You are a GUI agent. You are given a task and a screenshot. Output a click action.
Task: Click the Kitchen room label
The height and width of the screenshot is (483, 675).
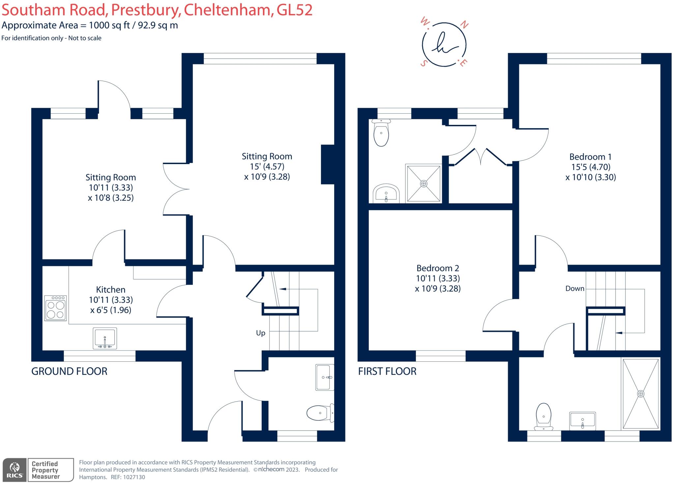coord(111,290)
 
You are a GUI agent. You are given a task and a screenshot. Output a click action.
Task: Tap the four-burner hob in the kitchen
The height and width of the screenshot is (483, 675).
coord(56,308)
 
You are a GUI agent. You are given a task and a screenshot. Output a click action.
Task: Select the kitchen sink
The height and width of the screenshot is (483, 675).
coord(105,338)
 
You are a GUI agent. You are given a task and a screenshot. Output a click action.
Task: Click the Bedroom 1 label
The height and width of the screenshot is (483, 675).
coord(590,157)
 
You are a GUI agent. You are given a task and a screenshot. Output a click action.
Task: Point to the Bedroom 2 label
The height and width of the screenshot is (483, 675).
coord(438,268)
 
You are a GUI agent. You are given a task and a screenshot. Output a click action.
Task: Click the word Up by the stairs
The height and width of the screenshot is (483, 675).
coord(261,333)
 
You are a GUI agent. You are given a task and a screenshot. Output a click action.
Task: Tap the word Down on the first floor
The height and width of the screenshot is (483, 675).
coord(575,289)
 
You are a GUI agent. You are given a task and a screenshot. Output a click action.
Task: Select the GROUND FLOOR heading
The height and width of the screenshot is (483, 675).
coord(69,371)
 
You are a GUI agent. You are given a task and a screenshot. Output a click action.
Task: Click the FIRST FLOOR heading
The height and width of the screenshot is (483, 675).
coord(387,371)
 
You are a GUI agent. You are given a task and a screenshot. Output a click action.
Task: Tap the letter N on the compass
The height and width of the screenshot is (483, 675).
coord(464,25)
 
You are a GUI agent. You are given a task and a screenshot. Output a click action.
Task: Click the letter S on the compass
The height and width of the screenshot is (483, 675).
coord(424,63)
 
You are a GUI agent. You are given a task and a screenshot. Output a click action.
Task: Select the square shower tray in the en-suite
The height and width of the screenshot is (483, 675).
coord(424,184)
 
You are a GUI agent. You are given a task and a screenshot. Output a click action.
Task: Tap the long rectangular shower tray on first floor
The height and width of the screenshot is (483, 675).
coord(640,394)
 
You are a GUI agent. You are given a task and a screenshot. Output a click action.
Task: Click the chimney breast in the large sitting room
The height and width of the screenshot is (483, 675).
coord(328,164)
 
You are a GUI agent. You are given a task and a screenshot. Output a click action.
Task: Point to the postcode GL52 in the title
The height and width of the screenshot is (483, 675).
coord(294,10)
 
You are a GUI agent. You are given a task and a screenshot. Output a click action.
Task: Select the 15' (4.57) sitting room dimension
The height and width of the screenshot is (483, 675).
coord(267,166)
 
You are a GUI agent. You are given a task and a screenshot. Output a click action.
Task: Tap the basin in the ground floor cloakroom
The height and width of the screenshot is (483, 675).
coord(325,377)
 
